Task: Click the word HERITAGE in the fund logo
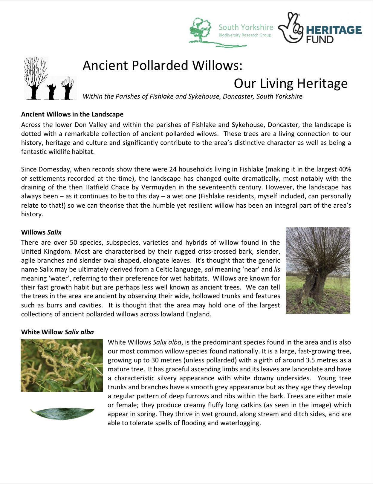tap(334, 30)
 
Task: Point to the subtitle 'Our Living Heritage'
tap(291, 83)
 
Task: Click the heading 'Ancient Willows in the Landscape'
tap(72, 114)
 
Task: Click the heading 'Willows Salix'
tap(41, 232)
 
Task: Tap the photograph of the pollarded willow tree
tap(318, 270)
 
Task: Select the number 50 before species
tap(74, 242)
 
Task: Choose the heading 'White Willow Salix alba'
tap(57, 332)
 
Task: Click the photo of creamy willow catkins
tap(62, 365)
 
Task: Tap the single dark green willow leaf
tap(62, 413)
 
